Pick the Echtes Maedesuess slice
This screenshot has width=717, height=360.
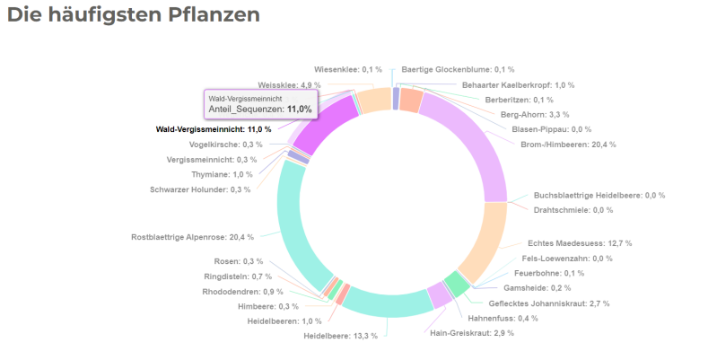(484, 238)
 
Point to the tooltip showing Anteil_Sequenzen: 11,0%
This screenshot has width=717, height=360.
(260, 103)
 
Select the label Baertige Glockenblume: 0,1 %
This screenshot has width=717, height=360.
(458, 69)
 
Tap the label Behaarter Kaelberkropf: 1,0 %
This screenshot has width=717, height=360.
(518, 84)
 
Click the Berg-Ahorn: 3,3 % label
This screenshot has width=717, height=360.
(534, 114)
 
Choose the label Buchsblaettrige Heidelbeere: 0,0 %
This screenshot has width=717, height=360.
(599, 195)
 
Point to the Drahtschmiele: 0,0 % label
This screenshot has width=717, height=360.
(573, 209)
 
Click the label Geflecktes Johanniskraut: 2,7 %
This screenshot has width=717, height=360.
(548, 303)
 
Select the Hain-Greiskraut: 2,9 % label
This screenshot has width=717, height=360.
(472, 333)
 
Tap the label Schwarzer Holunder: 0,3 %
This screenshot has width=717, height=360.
(200, 189)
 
